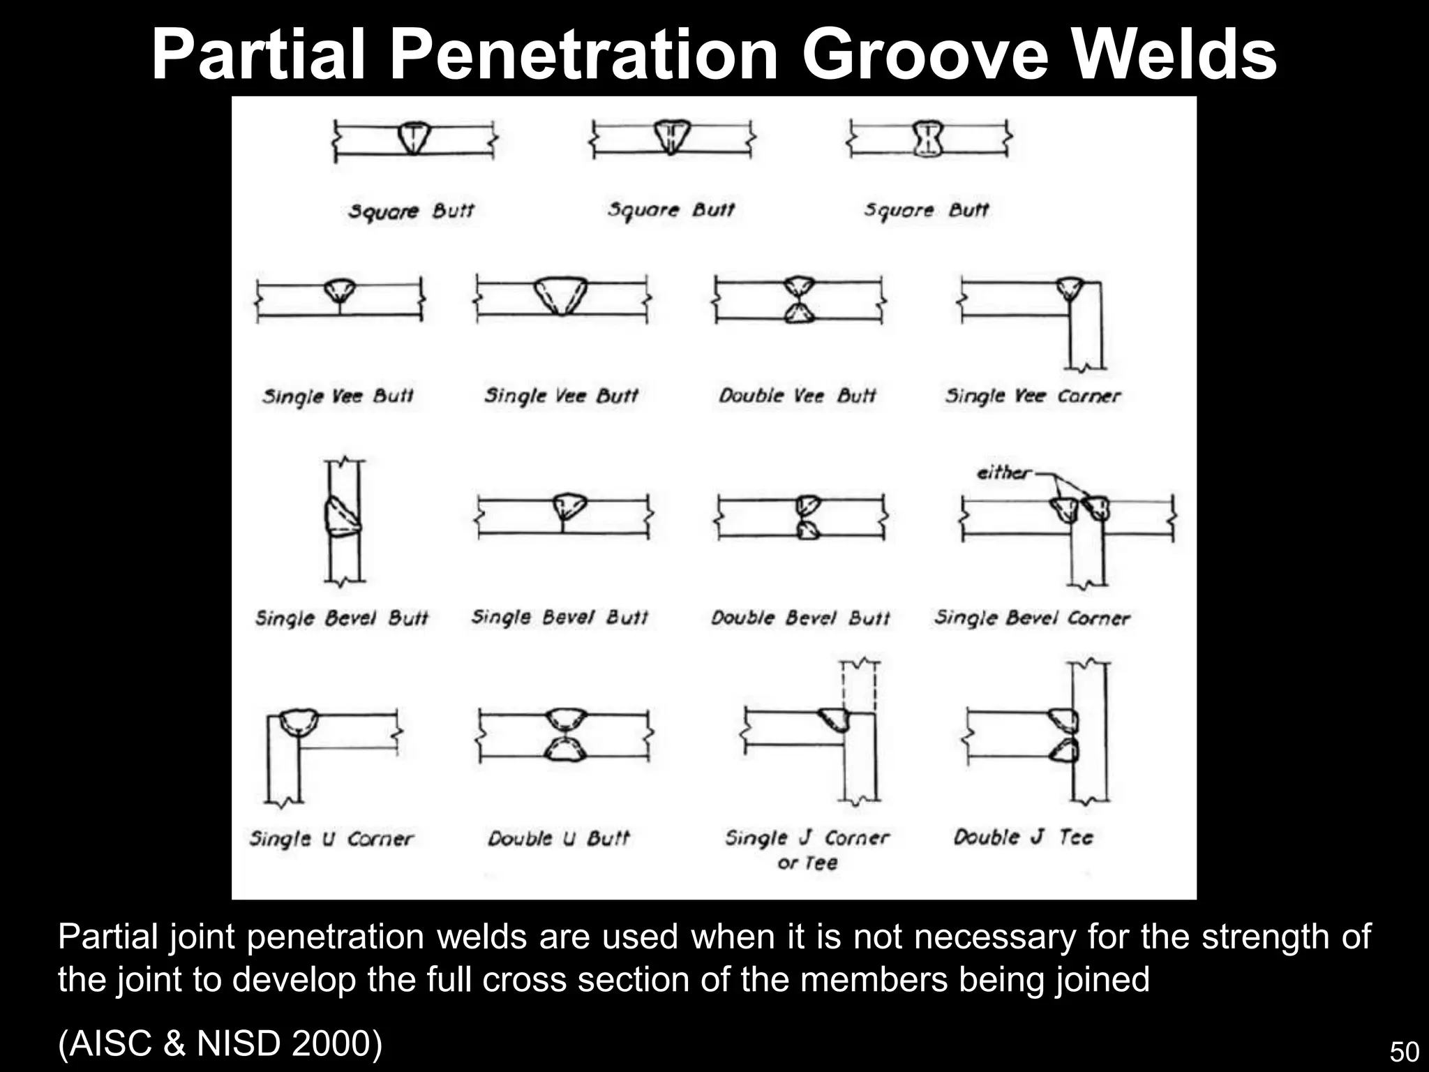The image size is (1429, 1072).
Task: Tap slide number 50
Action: (x=1404, y=1052)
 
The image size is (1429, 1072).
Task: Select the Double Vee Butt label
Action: (x=797, y=396)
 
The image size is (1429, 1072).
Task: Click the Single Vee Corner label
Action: (x=1033, y=396)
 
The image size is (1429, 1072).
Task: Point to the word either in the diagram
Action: (x=1003, y=473)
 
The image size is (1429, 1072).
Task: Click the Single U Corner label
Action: (x=331, y=838)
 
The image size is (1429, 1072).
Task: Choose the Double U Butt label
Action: (x=558, y=838)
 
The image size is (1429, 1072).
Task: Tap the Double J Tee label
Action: (x=1023, y=837)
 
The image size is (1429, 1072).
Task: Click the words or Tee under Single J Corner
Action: (x=807, y=863)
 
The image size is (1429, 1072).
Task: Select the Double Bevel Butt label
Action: (x=800, y=618)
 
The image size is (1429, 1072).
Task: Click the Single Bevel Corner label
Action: (x=1032, y=618)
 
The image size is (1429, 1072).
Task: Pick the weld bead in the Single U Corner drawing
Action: (x=299, y=720)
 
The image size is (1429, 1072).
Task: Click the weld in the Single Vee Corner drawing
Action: (x=1069, y=288)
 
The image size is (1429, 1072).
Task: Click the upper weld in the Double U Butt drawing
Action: (x=565, y=718)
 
